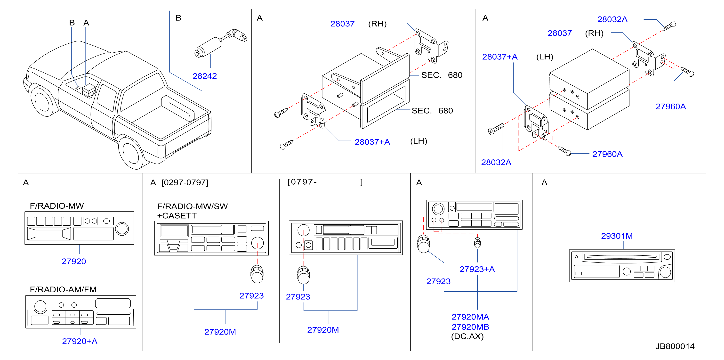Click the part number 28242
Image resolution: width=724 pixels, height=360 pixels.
205,76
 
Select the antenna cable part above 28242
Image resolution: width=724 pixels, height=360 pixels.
221,44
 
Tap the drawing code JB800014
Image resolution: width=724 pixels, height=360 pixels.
675,346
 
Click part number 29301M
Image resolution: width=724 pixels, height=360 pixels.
617,236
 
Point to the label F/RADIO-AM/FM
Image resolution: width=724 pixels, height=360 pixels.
63,289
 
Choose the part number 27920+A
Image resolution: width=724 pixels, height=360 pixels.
80,341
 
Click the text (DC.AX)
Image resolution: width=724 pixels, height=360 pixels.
467,336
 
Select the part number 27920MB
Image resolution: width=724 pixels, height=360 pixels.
470,327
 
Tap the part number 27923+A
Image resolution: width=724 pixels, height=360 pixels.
477,269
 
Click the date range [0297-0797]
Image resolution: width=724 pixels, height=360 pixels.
185,182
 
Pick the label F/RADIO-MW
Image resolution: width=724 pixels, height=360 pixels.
57,206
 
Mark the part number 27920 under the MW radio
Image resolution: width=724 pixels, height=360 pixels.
74,261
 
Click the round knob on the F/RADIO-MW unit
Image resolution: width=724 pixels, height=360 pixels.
122,229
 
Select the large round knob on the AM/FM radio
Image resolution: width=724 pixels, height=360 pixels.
40,306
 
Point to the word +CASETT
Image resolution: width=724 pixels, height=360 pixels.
177,216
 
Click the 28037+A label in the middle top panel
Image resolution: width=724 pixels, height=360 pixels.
372,142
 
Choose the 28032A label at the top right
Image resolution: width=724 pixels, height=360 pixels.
612,19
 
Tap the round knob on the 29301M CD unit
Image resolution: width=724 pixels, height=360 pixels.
665,272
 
